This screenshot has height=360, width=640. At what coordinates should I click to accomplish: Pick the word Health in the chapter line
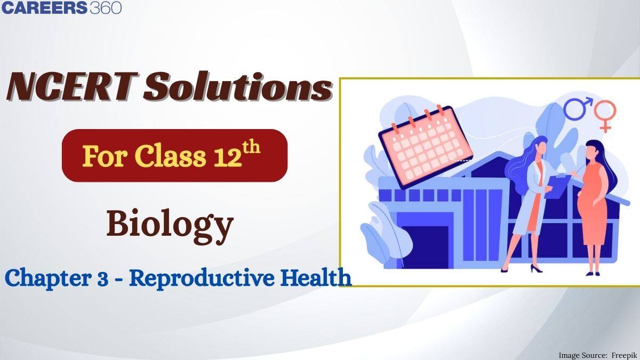click(321, 278)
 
